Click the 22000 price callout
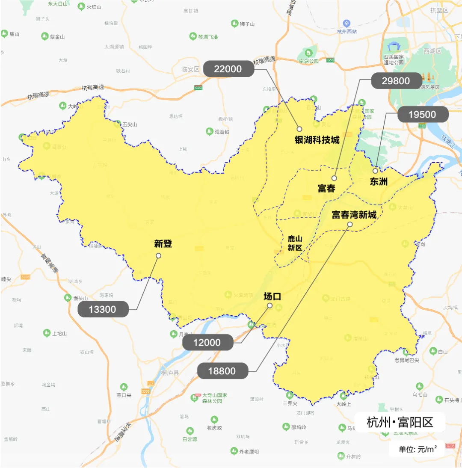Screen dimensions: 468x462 coord(228,69)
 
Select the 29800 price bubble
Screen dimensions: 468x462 coord(396,81)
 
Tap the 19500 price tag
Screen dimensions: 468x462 coord(423,114)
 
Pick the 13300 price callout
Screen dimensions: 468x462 coord(103,309)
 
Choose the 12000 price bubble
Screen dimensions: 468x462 coord(207,342)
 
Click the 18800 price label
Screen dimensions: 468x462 coord(222,371)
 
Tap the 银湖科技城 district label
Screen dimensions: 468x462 coord(317,140)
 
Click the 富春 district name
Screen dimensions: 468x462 coord(326,188)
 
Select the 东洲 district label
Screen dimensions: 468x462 coord(379,181)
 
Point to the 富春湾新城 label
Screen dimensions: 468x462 coord(354,214)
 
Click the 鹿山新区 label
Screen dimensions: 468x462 coord(295,243)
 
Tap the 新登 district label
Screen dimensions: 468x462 coord(163,244)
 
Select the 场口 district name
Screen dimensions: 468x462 coord(272,296)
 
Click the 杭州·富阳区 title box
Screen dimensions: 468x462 coord(400,422)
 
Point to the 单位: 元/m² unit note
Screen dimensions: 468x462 coord(418,449)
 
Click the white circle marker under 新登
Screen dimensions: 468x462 coord(159,255)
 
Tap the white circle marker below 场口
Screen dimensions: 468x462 coord(269,305)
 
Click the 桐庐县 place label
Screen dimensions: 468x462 coord(170,373)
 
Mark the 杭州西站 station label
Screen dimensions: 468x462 coord(346,31)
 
